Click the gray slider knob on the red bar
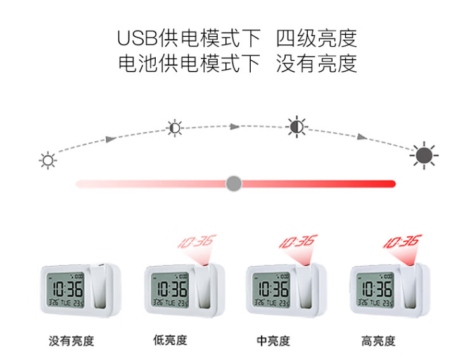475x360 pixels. pos(234,184)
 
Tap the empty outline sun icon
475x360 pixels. pos(47,160)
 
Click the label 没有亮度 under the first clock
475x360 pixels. pos(72,341)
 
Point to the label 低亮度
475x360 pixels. pos(170,340)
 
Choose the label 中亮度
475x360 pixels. pos(274,341)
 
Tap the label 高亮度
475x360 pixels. pos(378,341)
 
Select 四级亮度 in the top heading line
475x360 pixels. pos(317,39)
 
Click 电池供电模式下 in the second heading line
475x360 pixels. pos(189,63)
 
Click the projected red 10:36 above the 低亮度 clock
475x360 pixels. pos(196,241)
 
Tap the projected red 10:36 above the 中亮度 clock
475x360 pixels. pos(298,241)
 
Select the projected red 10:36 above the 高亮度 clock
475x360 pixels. pos(402,241)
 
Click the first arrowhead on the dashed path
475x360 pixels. pos(111,138)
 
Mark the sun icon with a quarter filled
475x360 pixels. pos(174,128)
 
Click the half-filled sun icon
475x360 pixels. pos(296,127)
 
